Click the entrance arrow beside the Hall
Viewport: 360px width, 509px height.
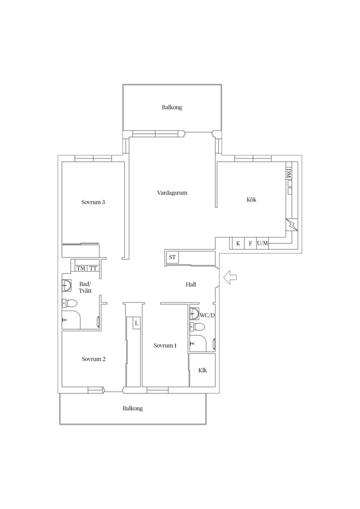point(230,277)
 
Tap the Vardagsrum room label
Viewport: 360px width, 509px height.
point(172,193)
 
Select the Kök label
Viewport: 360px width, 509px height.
point(252,200)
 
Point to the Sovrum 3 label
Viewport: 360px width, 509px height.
point(93,202)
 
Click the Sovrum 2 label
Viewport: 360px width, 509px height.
point(93,359)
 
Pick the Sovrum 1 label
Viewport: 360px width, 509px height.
point(165,345)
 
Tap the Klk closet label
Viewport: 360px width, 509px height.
point(203,370)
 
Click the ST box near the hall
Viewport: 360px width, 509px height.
point(172,257)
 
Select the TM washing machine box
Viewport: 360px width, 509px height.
point(81,269)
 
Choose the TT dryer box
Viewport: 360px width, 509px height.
point(93,269)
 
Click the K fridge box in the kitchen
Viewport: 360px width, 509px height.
point(238,244)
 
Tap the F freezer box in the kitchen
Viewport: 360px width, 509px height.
point(250,244)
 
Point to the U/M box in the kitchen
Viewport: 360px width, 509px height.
point(262,243)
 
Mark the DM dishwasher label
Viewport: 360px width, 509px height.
point(289,173)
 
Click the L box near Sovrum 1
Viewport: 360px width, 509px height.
point(137,323)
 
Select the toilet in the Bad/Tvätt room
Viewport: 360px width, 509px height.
point(69,304)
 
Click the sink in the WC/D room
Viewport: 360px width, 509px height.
point(195,313)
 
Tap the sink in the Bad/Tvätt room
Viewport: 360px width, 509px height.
point(67,286)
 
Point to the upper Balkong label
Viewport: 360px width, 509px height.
point(172,107)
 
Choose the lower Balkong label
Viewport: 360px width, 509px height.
point(133,408)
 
